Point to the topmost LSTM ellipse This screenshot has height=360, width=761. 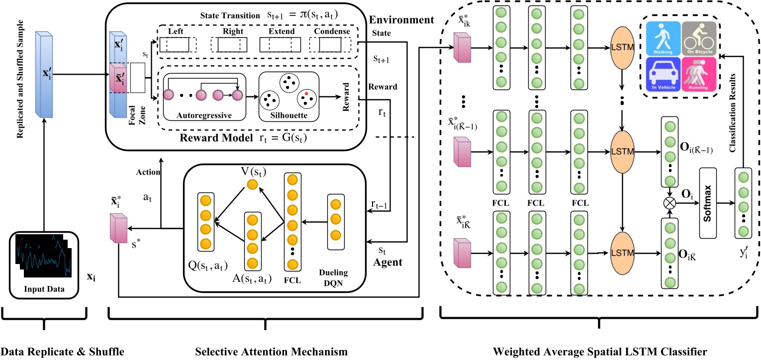click(x=621, y=48)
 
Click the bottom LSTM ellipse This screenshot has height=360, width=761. click(x=621, y=253)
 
